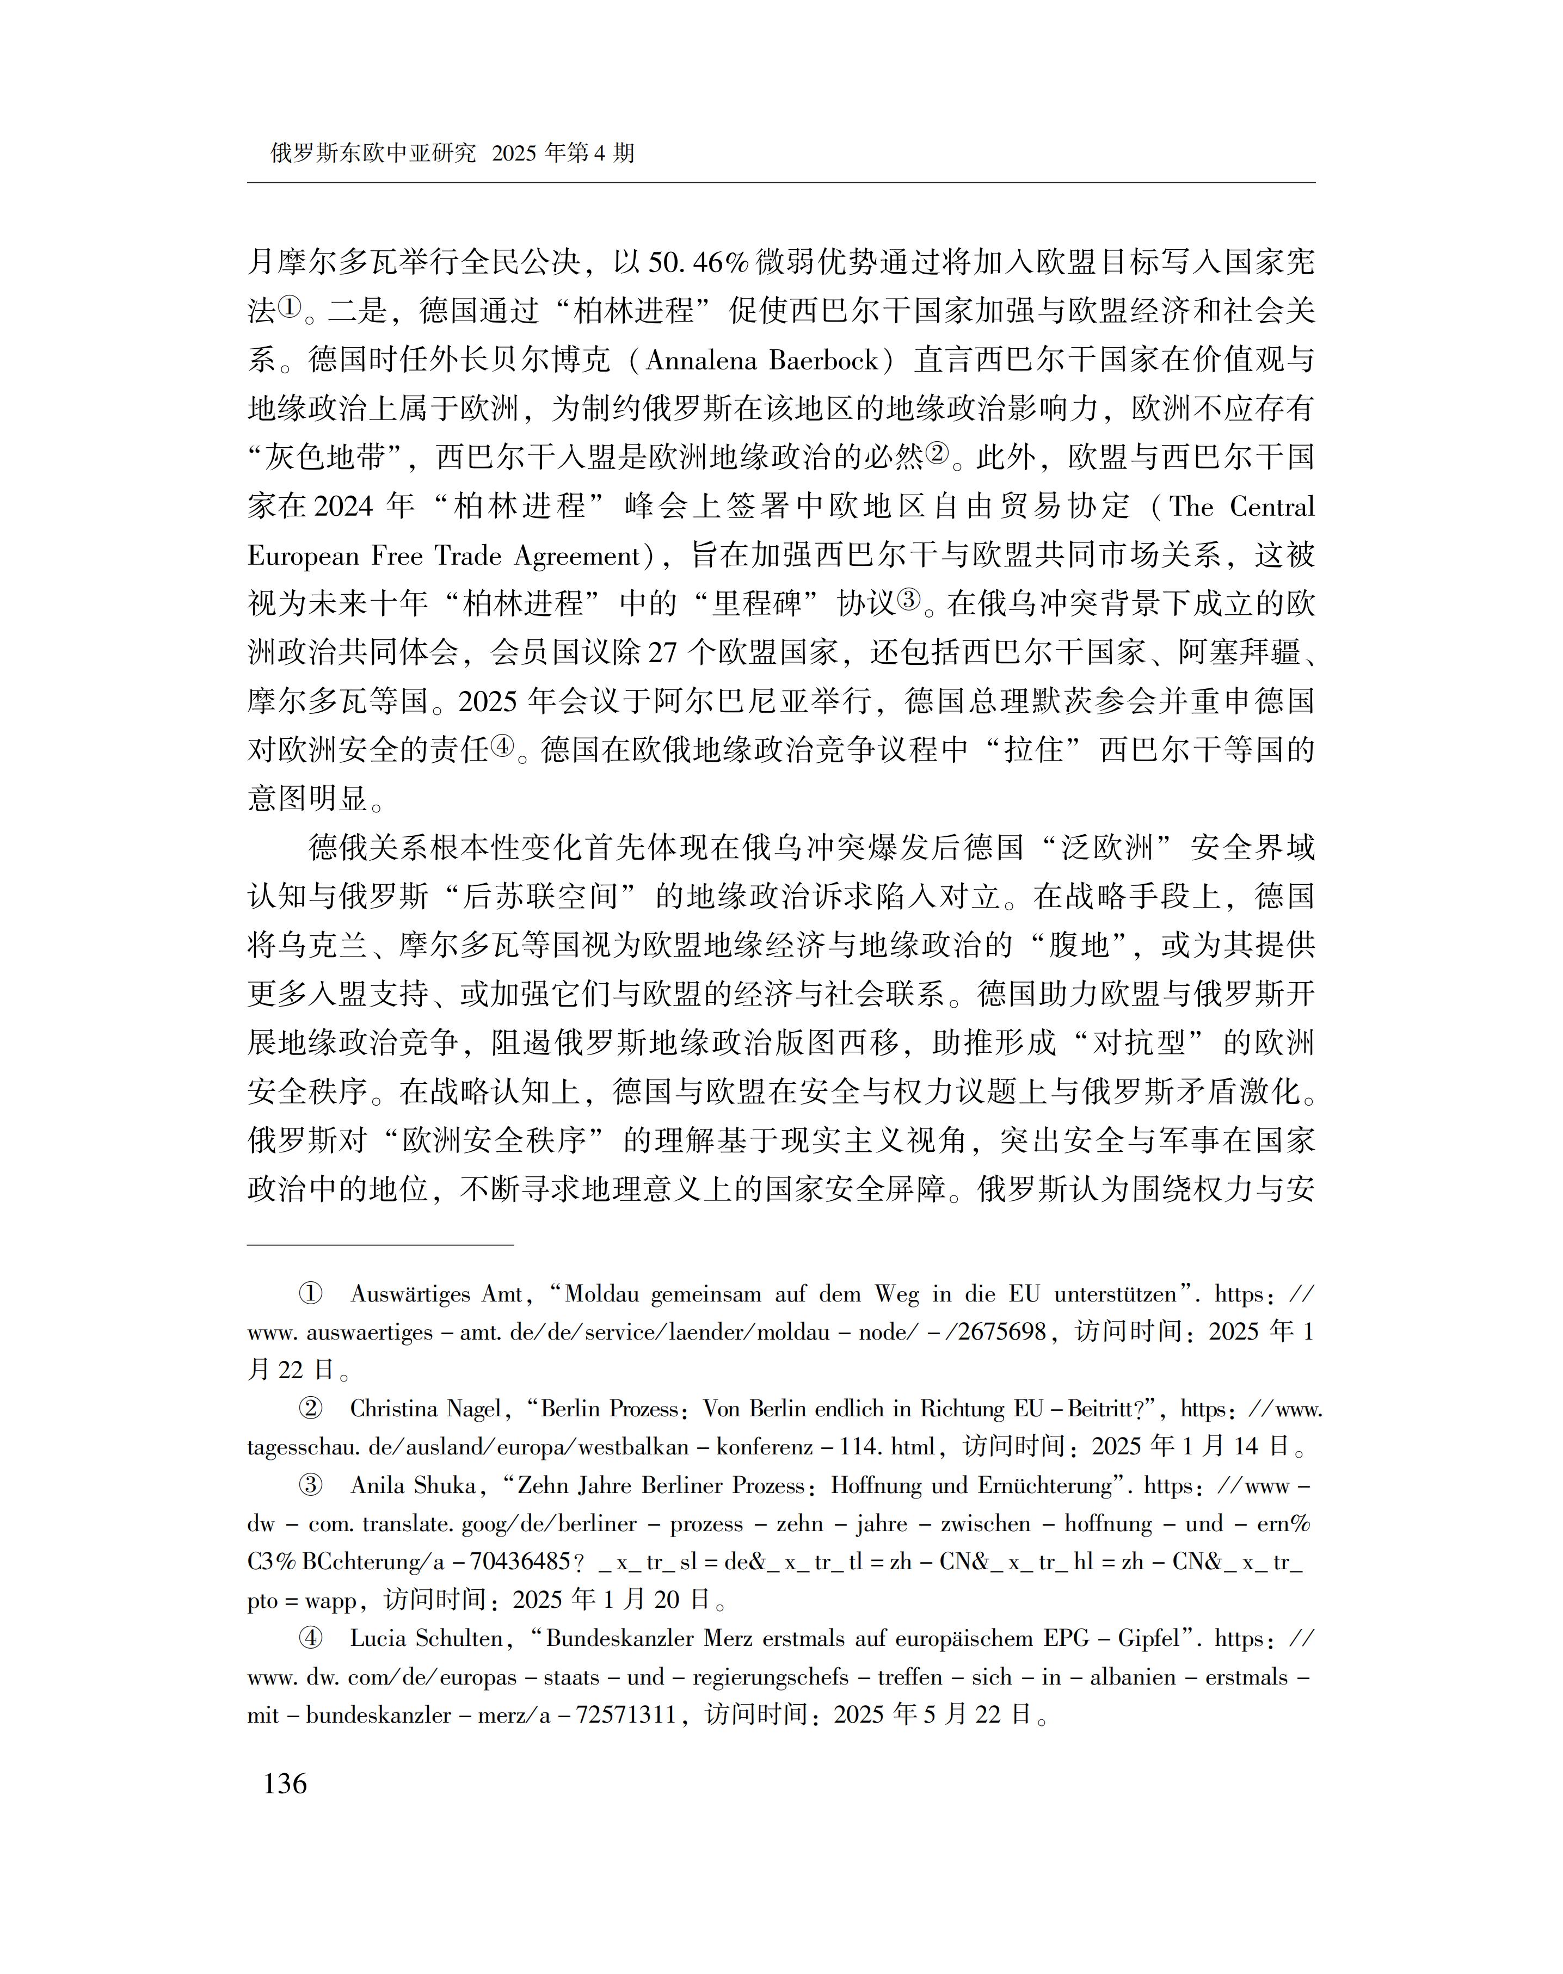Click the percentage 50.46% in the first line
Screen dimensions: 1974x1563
pos(698,263)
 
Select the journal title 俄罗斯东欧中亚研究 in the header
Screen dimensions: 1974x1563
pos(373,153)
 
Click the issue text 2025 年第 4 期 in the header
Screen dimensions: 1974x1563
pos(563,153)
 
